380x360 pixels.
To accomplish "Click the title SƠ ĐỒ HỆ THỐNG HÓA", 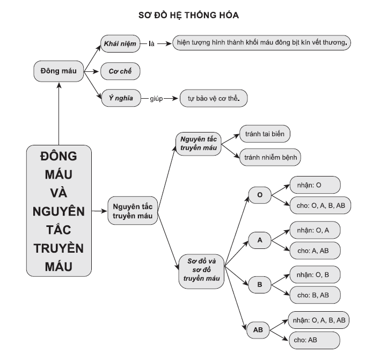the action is [x=188, y=15].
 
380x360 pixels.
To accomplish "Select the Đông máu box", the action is [x=59, y=71].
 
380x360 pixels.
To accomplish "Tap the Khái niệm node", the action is [x=120, y=43].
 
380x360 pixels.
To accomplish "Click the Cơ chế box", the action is [x=120, y=71].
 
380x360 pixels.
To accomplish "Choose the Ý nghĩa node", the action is [x=121, y=98].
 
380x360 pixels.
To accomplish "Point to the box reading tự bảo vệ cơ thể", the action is [x=214, y=98].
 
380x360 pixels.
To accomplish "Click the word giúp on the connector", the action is [x=156, y=99].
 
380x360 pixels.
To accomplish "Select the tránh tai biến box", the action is [x=265, y=134].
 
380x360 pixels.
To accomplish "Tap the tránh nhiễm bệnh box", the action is [x=270, y=157].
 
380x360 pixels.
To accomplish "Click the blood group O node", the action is [x=260, y=195].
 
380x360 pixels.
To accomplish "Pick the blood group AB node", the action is [x=258, y=330].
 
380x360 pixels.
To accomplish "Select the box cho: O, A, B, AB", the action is [x=320, y=205].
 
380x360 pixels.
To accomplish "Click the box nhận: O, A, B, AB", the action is [x=319, y=320].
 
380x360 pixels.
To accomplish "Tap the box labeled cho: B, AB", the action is [x=315, y=295].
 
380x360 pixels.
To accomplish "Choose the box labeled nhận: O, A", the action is [x=315, y=230].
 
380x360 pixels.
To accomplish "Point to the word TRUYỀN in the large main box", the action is [x=59, y=248].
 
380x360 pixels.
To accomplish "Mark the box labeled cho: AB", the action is [x=315, y=340].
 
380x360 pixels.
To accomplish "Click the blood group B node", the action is [x=260, y=284].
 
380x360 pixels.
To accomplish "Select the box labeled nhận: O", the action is [x=315, y=185].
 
